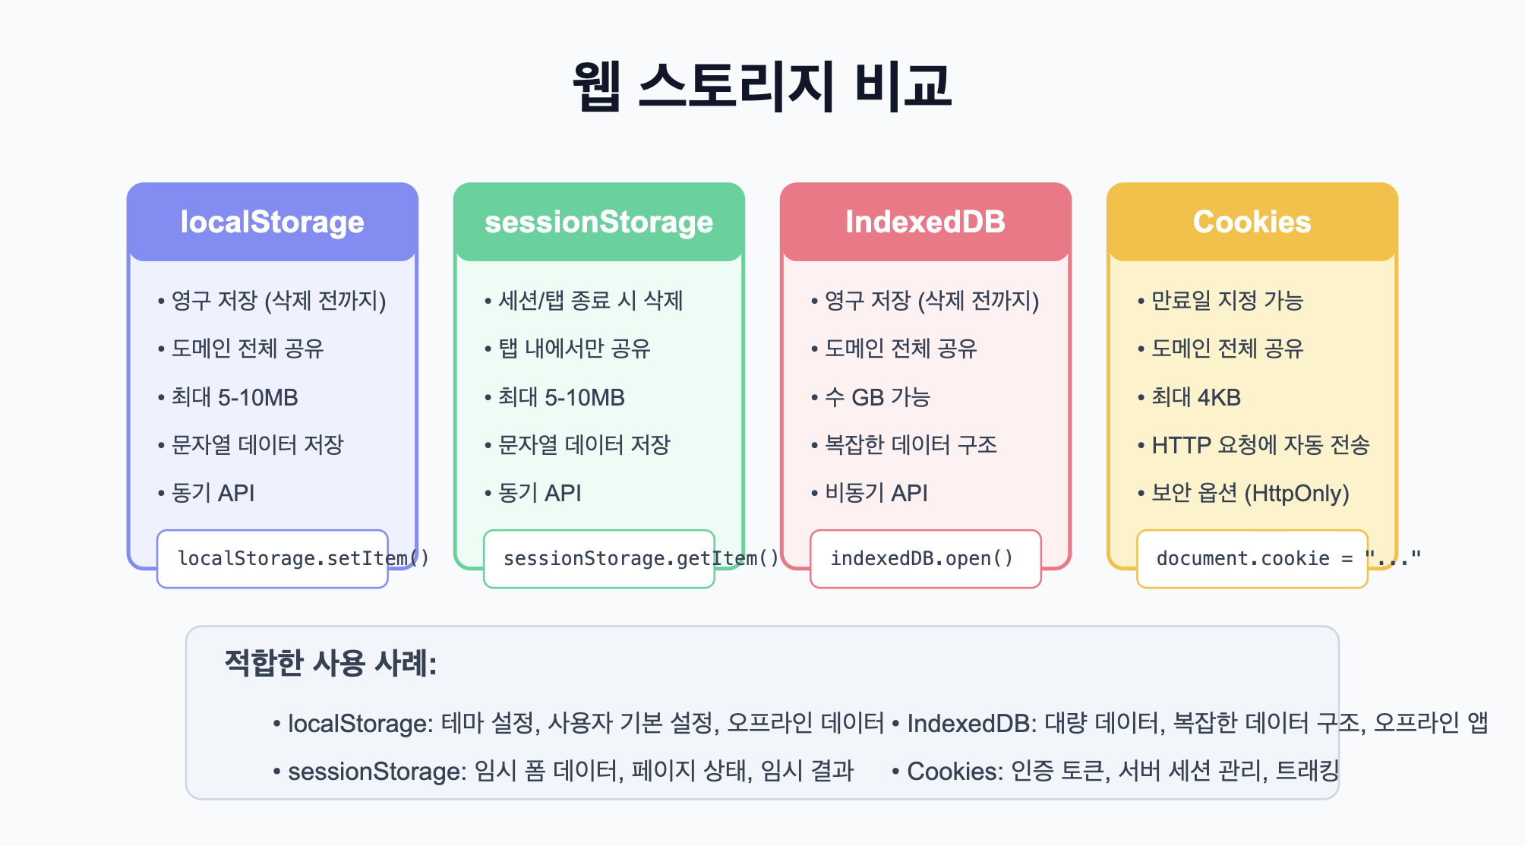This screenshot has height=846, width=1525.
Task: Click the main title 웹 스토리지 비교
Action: click(762, 85)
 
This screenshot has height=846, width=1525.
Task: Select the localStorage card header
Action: click(273, 222)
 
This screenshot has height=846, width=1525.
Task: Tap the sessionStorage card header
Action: click(599, 222)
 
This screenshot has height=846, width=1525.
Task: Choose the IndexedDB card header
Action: click(926, 222)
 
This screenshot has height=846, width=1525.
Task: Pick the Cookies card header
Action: click(1252, 222)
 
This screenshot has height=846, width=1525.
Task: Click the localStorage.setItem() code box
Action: click(273, 559)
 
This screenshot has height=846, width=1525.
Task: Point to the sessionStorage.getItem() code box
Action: click(599, 559)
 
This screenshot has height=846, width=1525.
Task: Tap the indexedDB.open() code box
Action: click(926, 559)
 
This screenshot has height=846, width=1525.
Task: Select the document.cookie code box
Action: click(1252, 559)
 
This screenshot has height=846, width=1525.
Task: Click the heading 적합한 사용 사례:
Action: click(330, 663)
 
